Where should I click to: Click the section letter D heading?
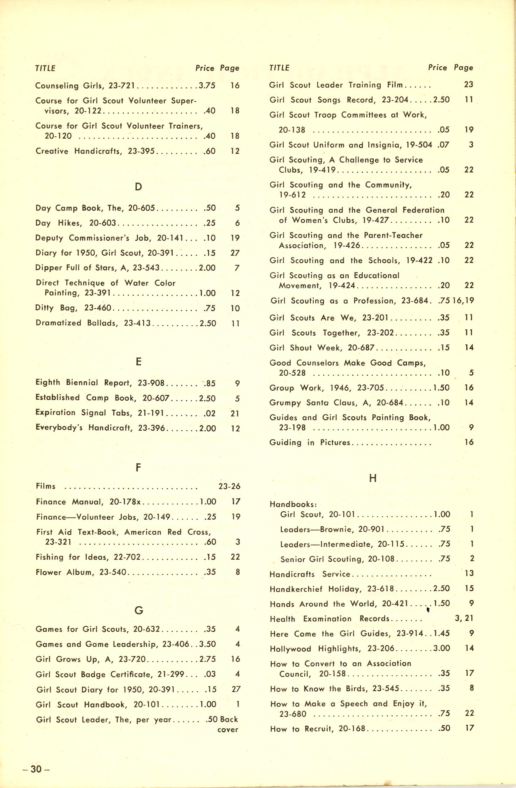(138, 187)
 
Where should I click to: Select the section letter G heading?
(139, 610)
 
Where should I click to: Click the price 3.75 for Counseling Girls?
(207, 86)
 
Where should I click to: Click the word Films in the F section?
(46, 486)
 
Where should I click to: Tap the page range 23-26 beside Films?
(229, 486)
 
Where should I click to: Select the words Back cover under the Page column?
(228, 724)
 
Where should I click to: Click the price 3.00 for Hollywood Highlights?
(441, 648)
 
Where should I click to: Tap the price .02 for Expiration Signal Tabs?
(210, 413)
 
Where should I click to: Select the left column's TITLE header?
(45, 68)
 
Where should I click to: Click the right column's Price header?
(437, 68)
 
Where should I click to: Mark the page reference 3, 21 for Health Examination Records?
(464, 618)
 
